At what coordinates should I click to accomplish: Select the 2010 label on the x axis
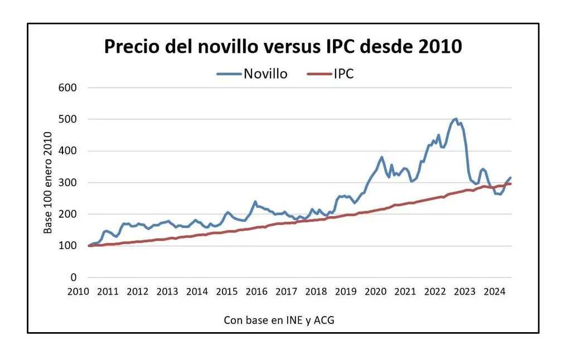pos(79,291)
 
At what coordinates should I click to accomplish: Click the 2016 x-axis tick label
pos(257,291)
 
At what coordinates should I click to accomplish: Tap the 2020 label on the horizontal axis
pos(375,291)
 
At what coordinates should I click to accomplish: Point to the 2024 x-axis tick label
pos(494,291)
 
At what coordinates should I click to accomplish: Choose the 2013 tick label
pos(167,291)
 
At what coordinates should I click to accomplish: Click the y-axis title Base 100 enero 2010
pos(49,182)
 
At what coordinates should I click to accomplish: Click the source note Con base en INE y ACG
pos(279,320)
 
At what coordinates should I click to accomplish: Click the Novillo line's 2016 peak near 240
pos(255,202)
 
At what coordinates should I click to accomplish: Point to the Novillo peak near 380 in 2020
pos(382,157)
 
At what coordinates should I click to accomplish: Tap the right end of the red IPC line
pos(510,184)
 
